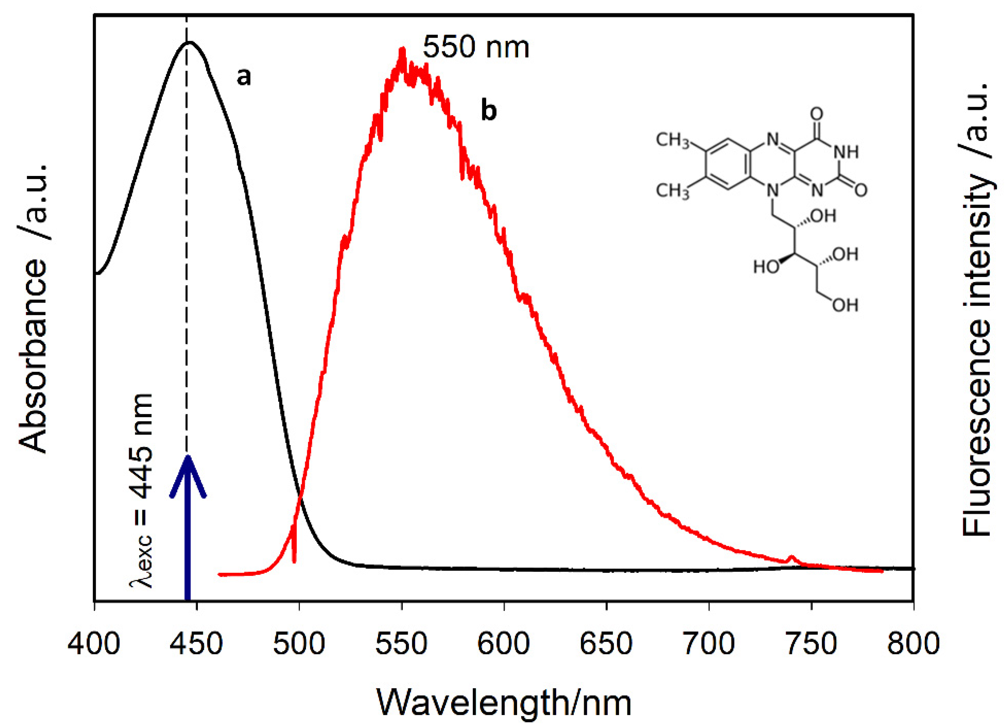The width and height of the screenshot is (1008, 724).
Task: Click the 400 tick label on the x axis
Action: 94,643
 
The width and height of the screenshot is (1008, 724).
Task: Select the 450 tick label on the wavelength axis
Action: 196,643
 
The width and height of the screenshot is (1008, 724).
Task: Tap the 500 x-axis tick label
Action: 299,643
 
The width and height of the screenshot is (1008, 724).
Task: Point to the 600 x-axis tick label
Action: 504,643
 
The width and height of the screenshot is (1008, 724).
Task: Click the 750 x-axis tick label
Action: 811,643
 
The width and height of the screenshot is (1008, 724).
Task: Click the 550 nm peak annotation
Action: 476,47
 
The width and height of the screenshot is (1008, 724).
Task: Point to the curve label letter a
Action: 244,77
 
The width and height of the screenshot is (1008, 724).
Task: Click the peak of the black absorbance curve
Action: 189,42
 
